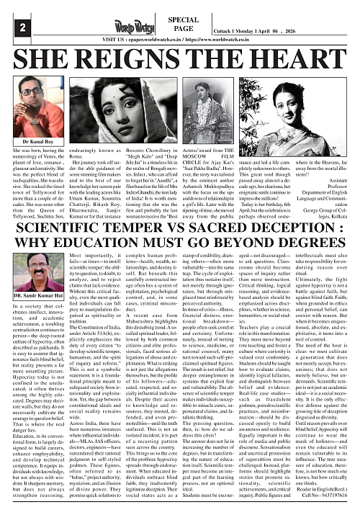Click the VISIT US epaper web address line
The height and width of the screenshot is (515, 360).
point(179,40)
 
